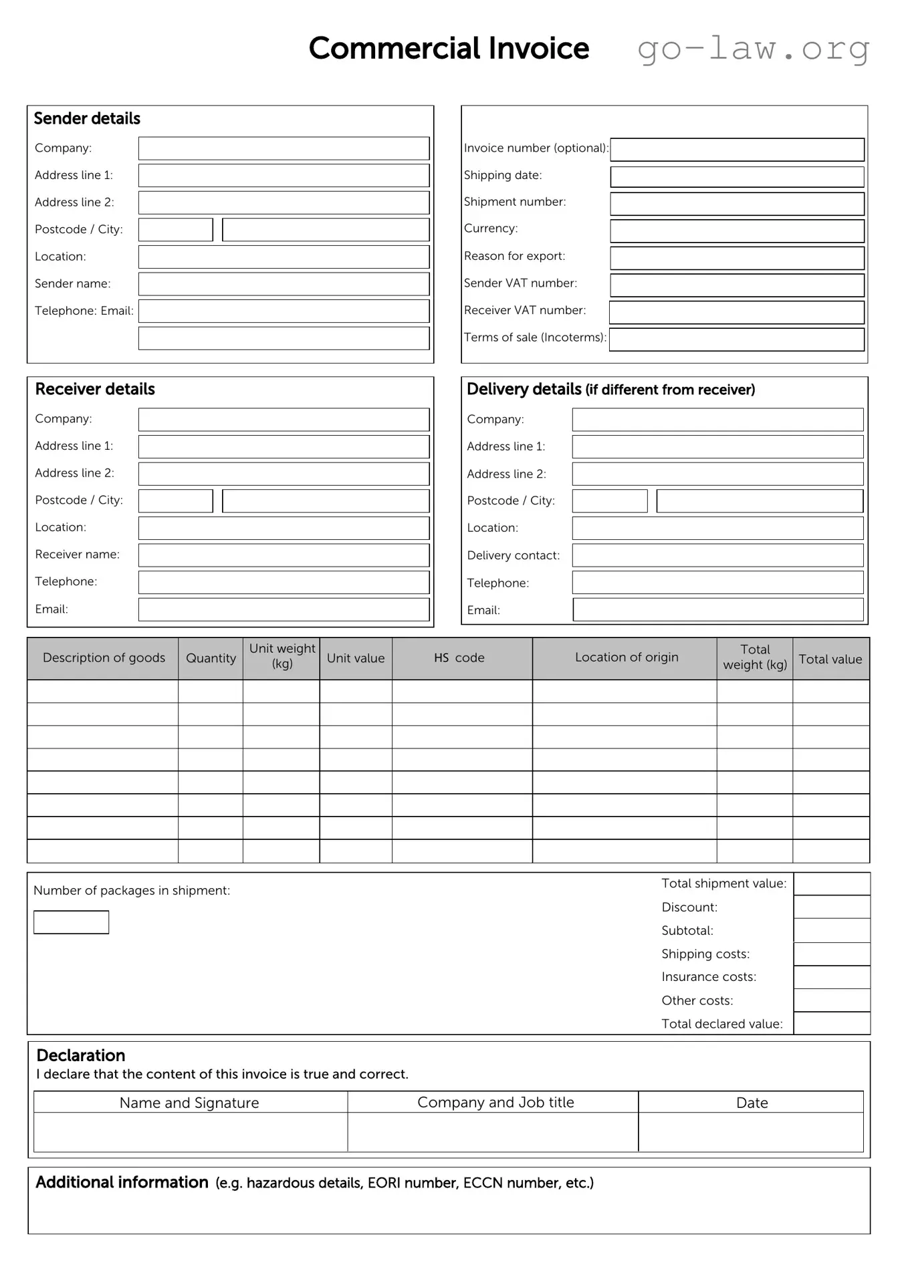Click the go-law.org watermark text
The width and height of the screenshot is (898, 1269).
(753, 49)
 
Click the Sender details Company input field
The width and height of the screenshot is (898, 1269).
(284, 148)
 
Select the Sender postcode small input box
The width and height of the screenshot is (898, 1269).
(175, 230)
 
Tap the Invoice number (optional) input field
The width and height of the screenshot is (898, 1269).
(737, 150)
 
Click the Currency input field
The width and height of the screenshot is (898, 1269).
(737, 231)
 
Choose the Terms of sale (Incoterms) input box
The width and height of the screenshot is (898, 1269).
(737, 339)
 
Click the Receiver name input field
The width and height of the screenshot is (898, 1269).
(284, 555)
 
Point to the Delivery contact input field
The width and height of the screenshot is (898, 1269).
(717, 555)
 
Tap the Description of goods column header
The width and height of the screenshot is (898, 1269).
(103, 658)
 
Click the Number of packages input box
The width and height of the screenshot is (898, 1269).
(71, 922)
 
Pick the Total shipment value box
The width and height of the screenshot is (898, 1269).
(831, 884)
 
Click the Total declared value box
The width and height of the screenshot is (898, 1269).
(831, 1024)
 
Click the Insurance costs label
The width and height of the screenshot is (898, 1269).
(708, 977)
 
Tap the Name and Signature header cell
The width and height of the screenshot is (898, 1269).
(189, 1103)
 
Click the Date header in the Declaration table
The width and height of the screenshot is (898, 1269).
(752, 1103)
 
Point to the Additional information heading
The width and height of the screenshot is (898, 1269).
(122, 1182)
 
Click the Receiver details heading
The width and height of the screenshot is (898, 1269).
(95, 389)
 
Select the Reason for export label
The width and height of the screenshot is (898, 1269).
(514, 256)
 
